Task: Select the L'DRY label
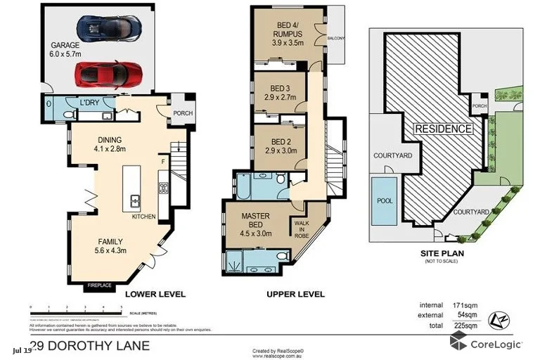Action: tap(90, 103)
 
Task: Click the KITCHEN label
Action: tap(143, 217)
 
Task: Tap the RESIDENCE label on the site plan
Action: tap(442, 129)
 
